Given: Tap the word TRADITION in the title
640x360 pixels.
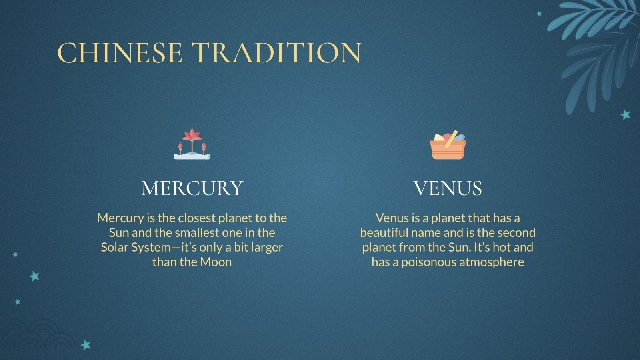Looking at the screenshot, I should [276, 53].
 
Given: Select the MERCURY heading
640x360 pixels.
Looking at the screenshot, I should [192, 188].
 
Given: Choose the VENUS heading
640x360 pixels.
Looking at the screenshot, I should [448, 188].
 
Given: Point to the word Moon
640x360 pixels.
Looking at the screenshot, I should [216, 262].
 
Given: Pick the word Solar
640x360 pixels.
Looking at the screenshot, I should [114, 247].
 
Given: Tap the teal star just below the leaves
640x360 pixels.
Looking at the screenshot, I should [626, 115].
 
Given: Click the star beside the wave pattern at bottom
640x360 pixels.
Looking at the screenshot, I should [86, 345].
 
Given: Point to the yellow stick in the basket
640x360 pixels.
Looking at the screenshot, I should [451, 139].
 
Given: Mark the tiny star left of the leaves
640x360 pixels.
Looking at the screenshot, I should [539, 14].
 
